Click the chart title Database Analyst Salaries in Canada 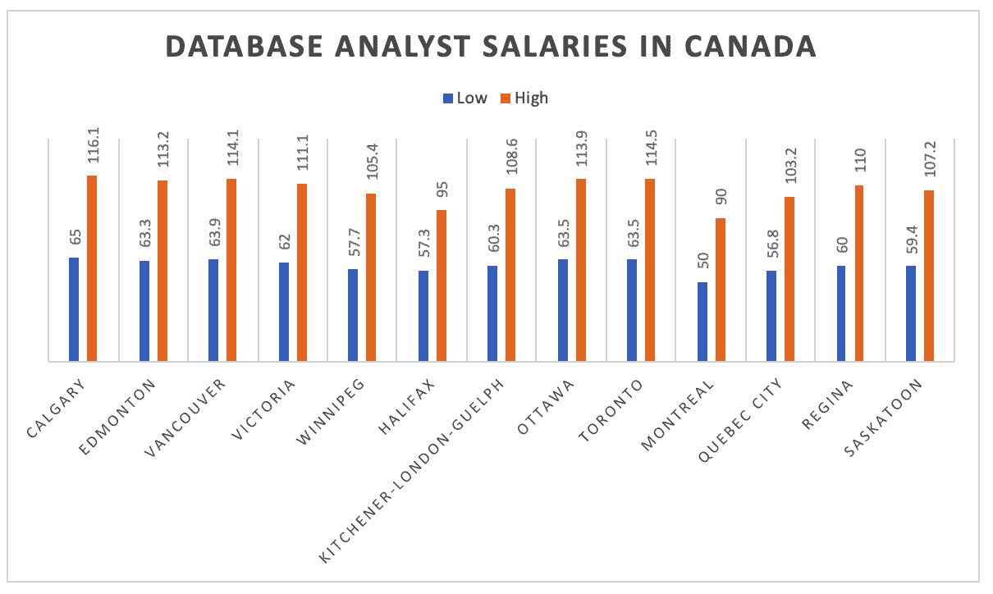[x=491, y=46]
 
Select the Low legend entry [x=465, y=98]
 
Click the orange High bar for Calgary [x=92, y=267]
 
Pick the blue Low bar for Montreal [x=702, y=321]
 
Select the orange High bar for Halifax [x=442, y=285]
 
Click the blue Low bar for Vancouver [x=213, y=309]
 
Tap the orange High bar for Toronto [x=650, y=269]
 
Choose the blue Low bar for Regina [x=842, y=313]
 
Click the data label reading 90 [x=722, y=199]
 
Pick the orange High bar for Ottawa [x=581, y=269]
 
